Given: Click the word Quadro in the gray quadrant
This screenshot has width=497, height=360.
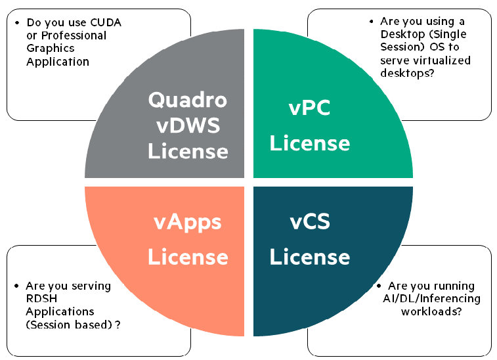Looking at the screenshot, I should coord(188,100).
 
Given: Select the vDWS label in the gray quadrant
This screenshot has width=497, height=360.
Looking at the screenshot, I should coord(188,125).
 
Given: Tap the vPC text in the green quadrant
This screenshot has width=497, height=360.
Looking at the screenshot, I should coord(309,108).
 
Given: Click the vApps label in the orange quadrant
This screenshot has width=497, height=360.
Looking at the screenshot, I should coord(188,222).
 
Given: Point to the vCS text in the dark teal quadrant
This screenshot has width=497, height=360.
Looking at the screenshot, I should coord(309,222).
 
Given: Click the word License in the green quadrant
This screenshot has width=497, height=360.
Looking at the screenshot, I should coord(309,143).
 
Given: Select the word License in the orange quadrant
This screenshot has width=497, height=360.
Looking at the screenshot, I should coord(188,257).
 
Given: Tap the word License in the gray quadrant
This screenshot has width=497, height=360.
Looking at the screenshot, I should coord(188,151).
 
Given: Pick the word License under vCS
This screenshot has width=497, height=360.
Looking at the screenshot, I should coord(309,257).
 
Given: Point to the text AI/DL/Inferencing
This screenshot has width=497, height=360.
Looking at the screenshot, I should coord(434,299).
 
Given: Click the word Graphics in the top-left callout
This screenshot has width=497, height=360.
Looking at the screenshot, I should coord(51,49).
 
